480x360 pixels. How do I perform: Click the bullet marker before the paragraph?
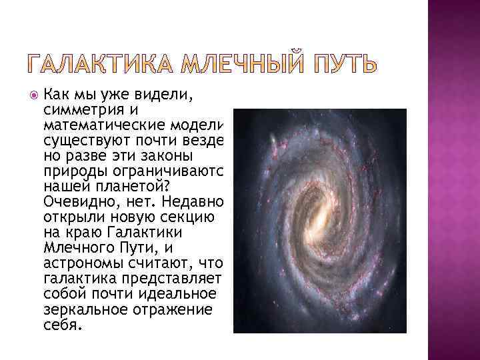(x=35, y=95)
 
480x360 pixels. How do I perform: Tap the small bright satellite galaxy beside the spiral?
(x=274, y=141)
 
